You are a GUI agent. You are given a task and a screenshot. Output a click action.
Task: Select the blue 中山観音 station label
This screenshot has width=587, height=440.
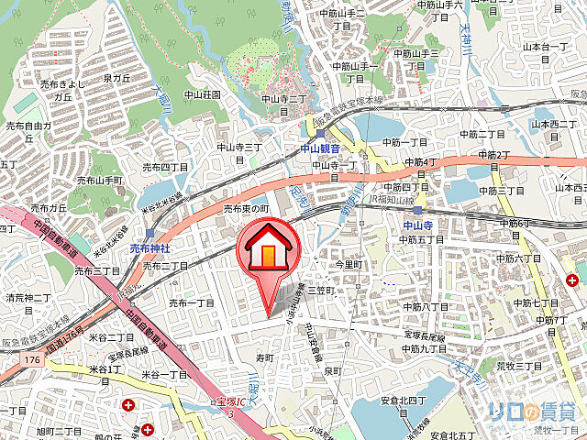(320, 148)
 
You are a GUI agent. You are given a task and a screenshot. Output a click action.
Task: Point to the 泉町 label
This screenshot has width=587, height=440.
(332, 370)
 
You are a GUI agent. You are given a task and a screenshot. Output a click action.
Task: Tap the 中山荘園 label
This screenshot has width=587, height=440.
(200, 94)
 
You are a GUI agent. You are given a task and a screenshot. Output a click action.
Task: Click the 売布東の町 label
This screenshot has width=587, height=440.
(246, 209)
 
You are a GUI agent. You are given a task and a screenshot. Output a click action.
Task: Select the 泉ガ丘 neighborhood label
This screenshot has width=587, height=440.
(119, 78)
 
